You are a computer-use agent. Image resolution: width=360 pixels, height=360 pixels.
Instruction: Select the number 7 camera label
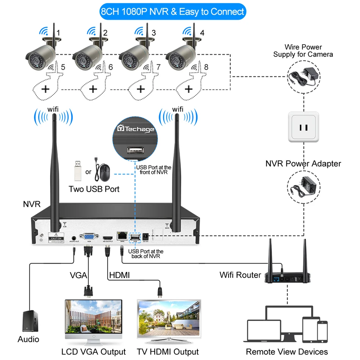coord(158,67)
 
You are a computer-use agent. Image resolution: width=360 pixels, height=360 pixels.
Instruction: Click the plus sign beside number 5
coord(46,89)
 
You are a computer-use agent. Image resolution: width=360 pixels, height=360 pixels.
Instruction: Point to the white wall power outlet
coord(304,127)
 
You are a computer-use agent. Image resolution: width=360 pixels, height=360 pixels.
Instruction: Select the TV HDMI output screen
coord(168,317)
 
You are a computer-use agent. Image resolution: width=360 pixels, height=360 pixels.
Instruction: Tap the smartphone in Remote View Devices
coord(322,330)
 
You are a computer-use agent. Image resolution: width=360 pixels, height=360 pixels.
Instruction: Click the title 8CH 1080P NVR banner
coord(172,12)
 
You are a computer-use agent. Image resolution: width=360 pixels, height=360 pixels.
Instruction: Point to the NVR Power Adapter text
coord(303,164)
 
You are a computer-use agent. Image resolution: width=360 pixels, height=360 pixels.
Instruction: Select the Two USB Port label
coord(94,189)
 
